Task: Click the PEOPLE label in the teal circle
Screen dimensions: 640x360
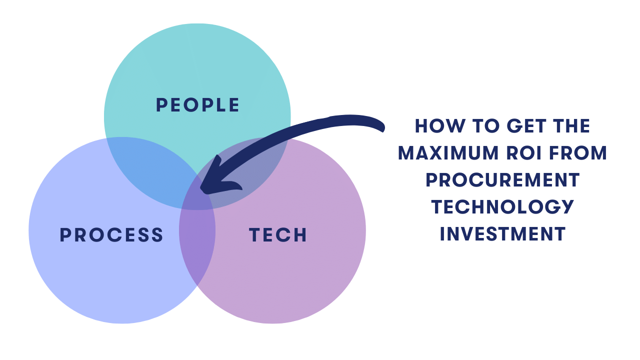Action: (x=197, y=105)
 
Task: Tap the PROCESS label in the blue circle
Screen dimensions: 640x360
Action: (x=111, y=235)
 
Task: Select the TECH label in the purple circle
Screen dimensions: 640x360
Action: (x=278, y=235)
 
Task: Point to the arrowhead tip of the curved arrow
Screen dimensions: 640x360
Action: (x=201, y=189)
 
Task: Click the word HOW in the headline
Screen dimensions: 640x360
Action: (x=440, y=125)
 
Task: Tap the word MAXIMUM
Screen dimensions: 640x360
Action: (x=448, y=153)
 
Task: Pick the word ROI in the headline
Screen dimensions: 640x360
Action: (x=523, y=153)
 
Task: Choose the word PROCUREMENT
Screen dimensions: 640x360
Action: (x=502, y=180)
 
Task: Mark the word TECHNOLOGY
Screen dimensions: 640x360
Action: (x=502, y=207)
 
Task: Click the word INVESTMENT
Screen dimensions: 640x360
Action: (x=502, y=234)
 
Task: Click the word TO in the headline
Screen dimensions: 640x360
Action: (x=485, y=125)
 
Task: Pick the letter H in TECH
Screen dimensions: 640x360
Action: (x=300, y=235)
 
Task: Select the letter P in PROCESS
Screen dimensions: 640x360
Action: (x=65, y=235)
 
